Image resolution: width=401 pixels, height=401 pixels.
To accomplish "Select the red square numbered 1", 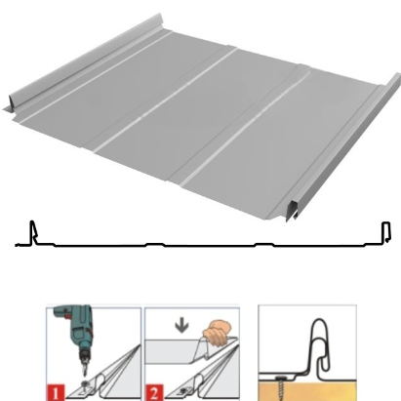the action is pos(56,392).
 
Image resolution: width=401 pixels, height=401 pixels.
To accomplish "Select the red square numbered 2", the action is pos(154,392).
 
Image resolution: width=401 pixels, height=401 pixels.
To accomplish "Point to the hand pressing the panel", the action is pos(217,333).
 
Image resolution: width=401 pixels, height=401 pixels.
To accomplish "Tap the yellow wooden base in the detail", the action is pos(307,391).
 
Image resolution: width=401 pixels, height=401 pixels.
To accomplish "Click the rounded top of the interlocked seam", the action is pos(321,323).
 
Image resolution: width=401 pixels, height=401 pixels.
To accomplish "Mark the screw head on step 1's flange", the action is pos(86,385).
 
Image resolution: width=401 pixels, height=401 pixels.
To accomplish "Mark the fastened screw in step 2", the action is pos(182,390).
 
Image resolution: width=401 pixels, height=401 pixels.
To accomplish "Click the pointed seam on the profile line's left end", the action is pos(32,231).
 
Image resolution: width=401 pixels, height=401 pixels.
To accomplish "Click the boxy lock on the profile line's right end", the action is pos(386,232).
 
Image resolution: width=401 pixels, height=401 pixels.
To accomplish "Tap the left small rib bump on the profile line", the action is pos(155,244).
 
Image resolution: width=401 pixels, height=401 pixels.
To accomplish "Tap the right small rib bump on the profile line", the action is pos(264,244).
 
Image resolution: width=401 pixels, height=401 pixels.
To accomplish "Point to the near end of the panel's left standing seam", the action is pos(13,101).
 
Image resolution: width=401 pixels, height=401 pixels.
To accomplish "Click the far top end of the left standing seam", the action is pos(159,18).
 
